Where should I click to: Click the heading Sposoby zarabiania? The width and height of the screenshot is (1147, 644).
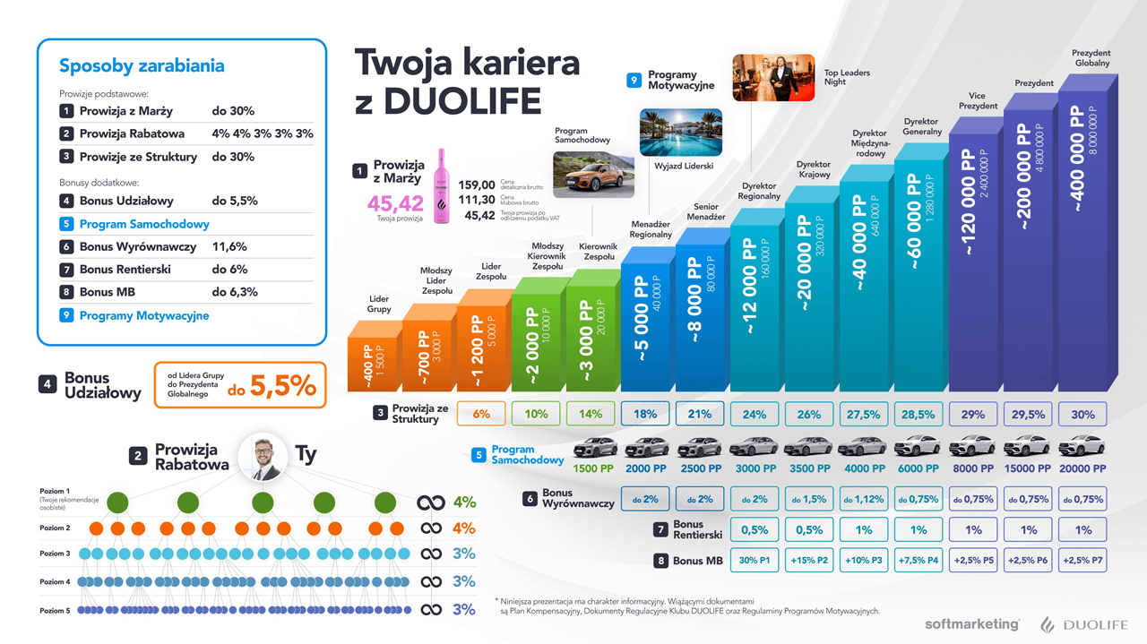coord(142,66)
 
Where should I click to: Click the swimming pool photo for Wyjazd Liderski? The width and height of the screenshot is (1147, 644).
coord(680,133)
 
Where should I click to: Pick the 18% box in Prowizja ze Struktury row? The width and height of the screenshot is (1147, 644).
coord(645,414)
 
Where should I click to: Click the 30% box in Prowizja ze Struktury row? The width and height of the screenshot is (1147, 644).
coord(1082,415)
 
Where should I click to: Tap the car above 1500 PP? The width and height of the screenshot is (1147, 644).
coord(594,447)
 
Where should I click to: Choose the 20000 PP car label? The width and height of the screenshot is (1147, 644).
coord(1082,468)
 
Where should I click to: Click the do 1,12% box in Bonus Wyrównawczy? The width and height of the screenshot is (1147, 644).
coord(864,499)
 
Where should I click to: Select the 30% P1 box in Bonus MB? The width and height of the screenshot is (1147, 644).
coord(755,561)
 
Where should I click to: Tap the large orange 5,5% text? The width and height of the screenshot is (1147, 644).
coord(283,385)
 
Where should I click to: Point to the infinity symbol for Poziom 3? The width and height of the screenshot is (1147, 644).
coord(431,554)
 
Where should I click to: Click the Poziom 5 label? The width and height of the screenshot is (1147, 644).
coord(55,610)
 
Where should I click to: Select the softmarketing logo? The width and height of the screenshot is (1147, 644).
coord(971,623)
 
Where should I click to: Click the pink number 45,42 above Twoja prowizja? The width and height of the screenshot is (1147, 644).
coord(395,203)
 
